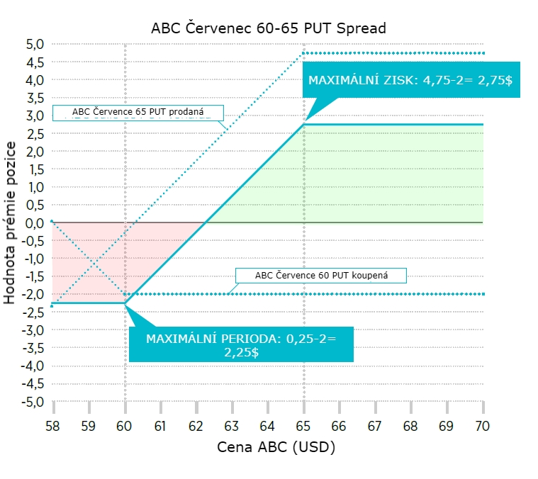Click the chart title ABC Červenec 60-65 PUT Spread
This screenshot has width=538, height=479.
point(269,29)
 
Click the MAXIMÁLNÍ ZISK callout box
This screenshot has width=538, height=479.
point(410,81)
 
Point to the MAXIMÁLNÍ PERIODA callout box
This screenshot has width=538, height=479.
point(241,345)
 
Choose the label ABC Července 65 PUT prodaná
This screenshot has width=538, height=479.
point(138,113)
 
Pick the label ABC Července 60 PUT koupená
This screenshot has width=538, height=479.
point(321,275)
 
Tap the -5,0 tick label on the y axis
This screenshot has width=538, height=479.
point(33,402)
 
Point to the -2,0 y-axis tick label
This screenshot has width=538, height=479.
point(33,294)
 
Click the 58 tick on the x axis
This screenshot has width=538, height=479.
point(53,426)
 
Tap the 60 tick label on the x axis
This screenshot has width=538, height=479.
point(125,426)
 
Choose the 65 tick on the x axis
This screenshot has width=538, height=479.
point(304,426)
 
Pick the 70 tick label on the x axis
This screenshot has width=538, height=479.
point(483,426)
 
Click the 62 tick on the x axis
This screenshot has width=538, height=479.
point(196,426)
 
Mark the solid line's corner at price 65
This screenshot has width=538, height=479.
point(304,125)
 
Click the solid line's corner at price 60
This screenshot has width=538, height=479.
point(125,303)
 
